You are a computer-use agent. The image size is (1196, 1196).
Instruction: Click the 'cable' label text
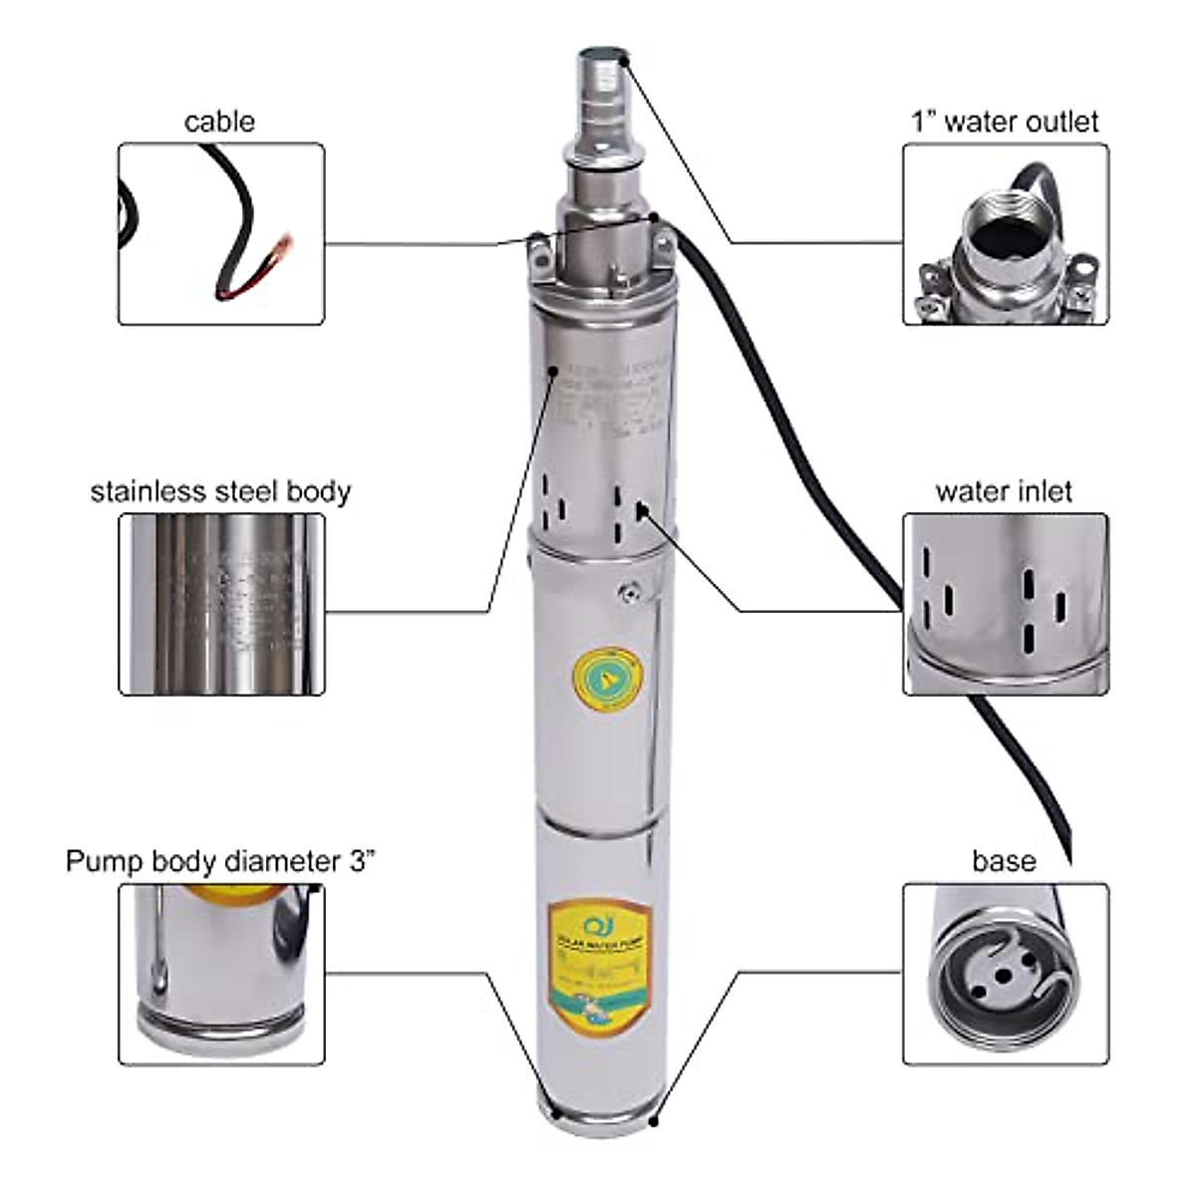219,122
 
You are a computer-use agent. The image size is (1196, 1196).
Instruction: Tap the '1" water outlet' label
1005,122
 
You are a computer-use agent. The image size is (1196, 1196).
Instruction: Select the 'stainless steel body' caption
220,491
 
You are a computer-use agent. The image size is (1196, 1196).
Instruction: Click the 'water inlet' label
1004,491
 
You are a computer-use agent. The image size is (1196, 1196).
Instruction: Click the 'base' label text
1004,861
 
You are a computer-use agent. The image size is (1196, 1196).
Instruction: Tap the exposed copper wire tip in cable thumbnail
284,245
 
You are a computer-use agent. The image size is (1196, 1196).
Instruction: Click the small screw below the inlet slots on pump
628,594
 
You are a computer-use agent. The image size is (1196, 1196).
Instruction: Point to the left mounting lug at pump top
539,254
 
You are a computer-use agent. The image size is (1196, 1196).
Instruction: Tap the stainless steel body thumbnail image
221,604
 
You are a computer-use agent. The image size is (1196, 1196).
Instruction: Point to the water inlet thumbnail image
1006,604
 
